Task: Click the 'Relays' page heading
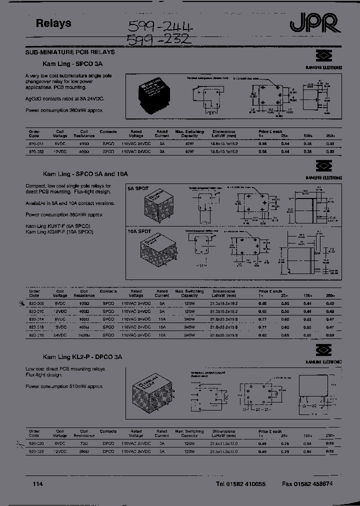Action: click(53, 23)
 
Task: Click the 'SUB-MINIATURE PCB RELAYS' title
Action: click(70, 52)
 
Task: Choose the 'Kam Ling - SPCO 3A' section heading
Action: click(72, 64)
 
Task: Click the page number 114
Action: click(37, 484)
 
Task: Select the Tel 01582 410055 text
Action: click(240, 484)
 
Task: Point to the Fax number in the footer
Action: click(307, 484)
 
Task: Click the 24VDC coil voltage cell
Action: click(60, 335)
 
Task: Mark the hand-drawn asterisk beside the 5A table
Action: click(21, 303)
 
